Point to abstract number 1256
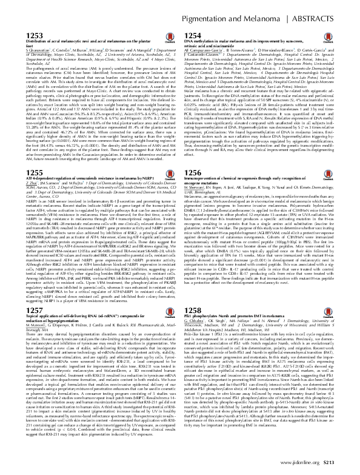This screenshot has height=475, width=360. [x=193, y=155]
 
